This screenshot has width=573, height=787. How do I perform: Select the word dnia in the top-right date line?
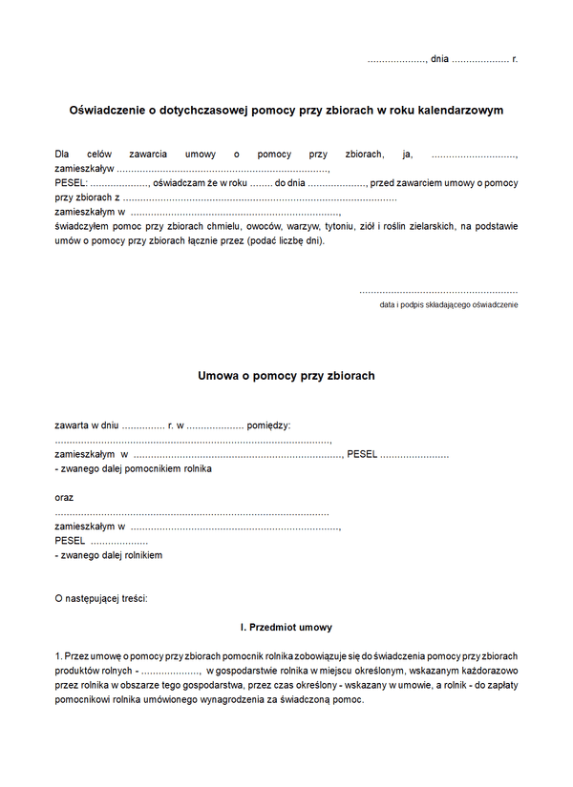[439, 59]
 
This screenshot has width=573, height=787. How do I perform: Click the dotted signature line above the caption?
[438, 290]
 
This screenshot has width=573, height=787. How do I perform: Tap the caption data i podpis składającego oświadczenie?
[449, 304]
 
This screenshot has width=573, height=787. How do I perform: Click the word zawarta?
[73, 425]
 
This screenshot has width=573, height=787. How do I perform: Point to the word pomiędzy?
[269, 425]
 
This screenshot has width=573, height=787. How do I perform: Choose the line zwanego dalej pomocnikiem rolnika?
[134, 469]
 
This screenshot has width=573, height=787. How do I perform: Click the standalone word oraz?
[65, 497]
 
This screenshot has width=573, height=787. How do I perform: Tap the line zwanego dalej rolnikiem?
[109, 555]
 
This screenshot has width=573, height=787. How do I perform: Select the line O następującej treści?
[102, 599]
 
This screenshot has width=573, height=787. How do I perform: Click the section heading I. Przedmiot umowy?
[286, 628]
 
